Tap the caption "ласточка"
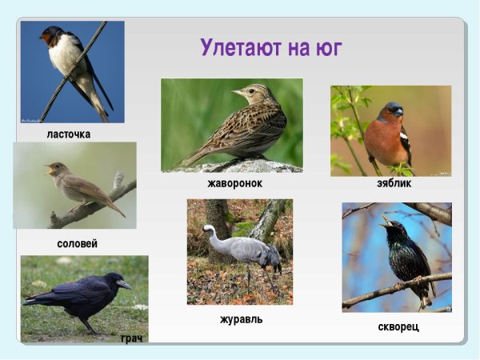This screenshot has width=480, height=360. (69, 134)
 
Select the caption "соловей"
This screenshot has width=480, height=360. (78, 243)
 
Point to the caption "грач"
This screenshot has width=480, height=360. (132, 339)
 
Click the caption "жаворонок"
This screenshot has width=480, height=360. (234, 183)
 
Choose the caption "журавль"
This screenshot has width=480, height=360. (241, 319)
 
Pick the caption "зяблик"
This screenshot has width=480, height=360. (394, 183)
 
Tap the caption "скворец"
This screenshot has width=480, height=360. (398, 326)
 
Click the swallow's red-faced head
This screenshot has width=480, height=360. (52, 35)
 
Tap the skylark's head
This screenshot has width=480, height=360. (245, 91)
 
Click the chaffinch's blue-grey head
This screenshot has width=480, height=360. (391, 110)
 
